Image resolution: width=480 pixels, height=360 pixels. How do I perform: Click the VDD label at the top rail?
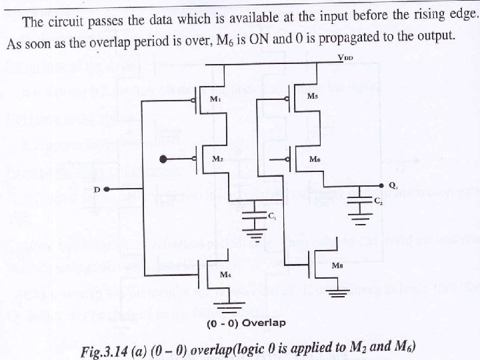[x=345, y=59]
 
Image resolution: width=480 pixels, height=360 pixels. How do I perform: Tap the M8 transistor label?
[x=337, y=265]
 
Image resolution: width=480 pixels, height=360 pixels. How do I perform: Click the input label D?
[x=97, y=190]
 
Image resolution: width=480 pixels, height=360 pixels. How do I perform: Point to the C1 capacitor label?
[x=271, y=216]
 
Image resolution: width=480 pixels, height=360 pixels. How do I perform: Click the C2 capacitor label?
[x=378, y=200]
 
